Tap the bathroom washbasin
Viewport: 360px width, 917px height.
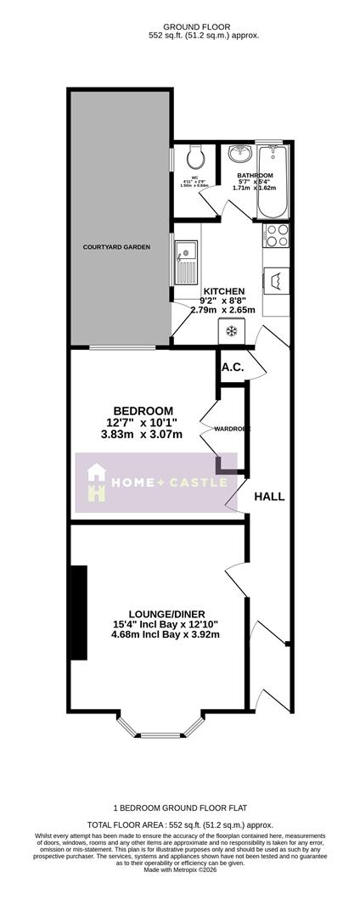pos(241,154)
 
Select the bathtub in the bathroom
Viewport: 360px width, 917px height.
pos(274,182)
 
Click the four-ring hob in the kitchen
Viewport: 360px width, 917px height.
pos(277,235)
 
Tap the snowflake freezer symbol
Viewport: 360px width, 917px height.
pos(232,330)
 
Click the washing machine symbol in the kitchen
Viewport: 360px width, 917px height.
pos(277,280)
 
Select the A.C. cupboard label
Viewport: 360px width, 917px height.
pos(233,367)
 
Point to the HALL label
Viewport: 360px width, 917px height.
pos(269,497)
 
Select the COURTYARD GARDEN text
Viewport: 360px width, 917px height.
pos(116,247)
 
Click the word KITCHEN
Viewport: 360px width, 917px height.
pos(223,290)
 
